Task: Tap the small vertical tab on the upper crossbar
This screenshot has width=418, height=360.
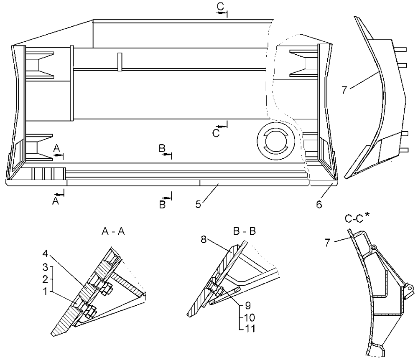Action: [x=119, y=61]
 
